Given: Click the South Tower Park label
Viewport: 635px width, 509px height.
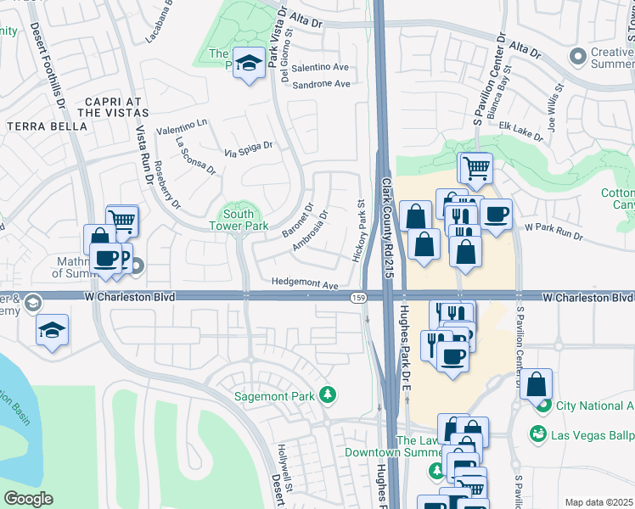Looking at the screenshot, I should pyautogui.click(x=239, y=220).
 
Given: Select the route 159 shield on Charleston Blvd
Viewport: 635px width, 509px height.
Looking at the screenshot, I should pyautogui.click(x=358, y=297).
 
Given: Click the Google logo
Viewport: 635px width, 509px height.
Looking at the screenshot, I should pyautogui.click(x=28, y=498).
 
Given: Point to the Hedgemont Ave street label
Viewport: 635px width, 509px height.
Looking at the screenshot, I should pyautogui.click(x=305, y=283).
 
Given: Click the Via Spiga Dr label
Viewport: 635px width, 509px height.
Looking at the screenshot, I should pyautogui.click(x=248, y=146).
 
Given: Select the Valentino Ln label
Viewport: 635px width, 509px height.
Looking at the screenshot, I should pyautogui.click(x=181, y=124).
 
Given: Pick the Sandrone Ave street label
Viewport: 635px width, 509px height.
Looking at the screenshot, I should pyautogui.click(x=321, y=84).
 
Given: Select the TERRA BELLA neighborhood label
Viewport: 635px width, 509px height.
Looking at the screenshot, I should pyautogui.click(x=47, y=126).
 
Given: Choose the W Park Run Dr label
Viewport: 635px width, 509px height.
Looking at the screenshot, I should pyautogui.click(x=553, y=230).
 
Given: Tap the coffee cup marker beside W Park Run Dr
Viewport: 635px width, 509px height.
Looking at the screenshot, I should pyautogui.click(x=497, y=215).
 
